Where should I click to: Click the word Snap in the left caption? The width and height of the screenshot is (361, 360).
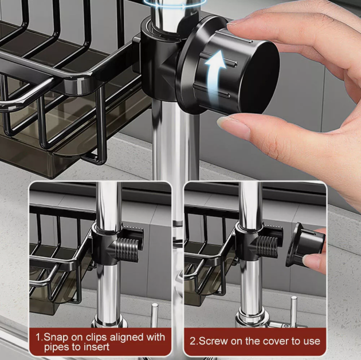57,337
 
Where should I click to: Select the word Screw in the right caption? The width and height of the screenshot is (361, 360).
215,341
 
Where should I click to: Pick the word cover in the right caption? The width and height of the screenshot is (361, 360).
273,341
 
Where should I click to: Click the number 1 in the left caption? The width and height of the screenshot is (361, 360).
38,337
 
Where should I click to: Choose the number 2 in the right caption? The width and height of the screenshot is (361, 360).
193,341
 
